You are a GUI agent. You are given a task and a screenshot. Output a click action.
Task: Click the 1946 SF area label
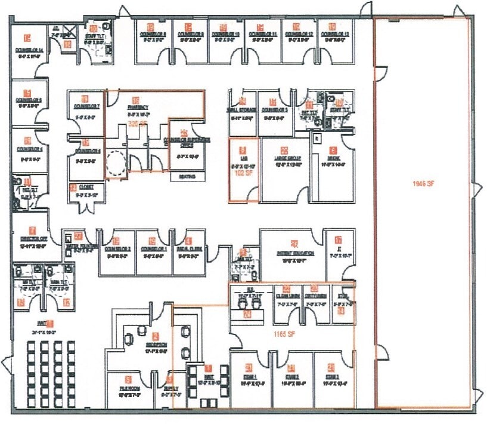pyautogui.click(x=423, y=183)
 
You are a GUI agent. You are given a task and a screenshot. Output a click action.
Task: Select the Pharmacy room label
pyautogui.click(x=138, y=107)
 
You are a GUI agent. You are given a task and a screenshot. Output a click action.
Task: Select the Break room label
pyautogui.click(x=333, y=159)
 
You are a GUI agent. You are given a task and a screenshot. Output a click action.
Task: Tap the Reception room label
pyautogui.click(x=155, y=345)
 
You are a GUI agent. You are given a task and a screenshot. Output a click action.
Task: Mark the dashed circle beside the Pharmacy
pyautogui.click(x=115, y=161)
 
